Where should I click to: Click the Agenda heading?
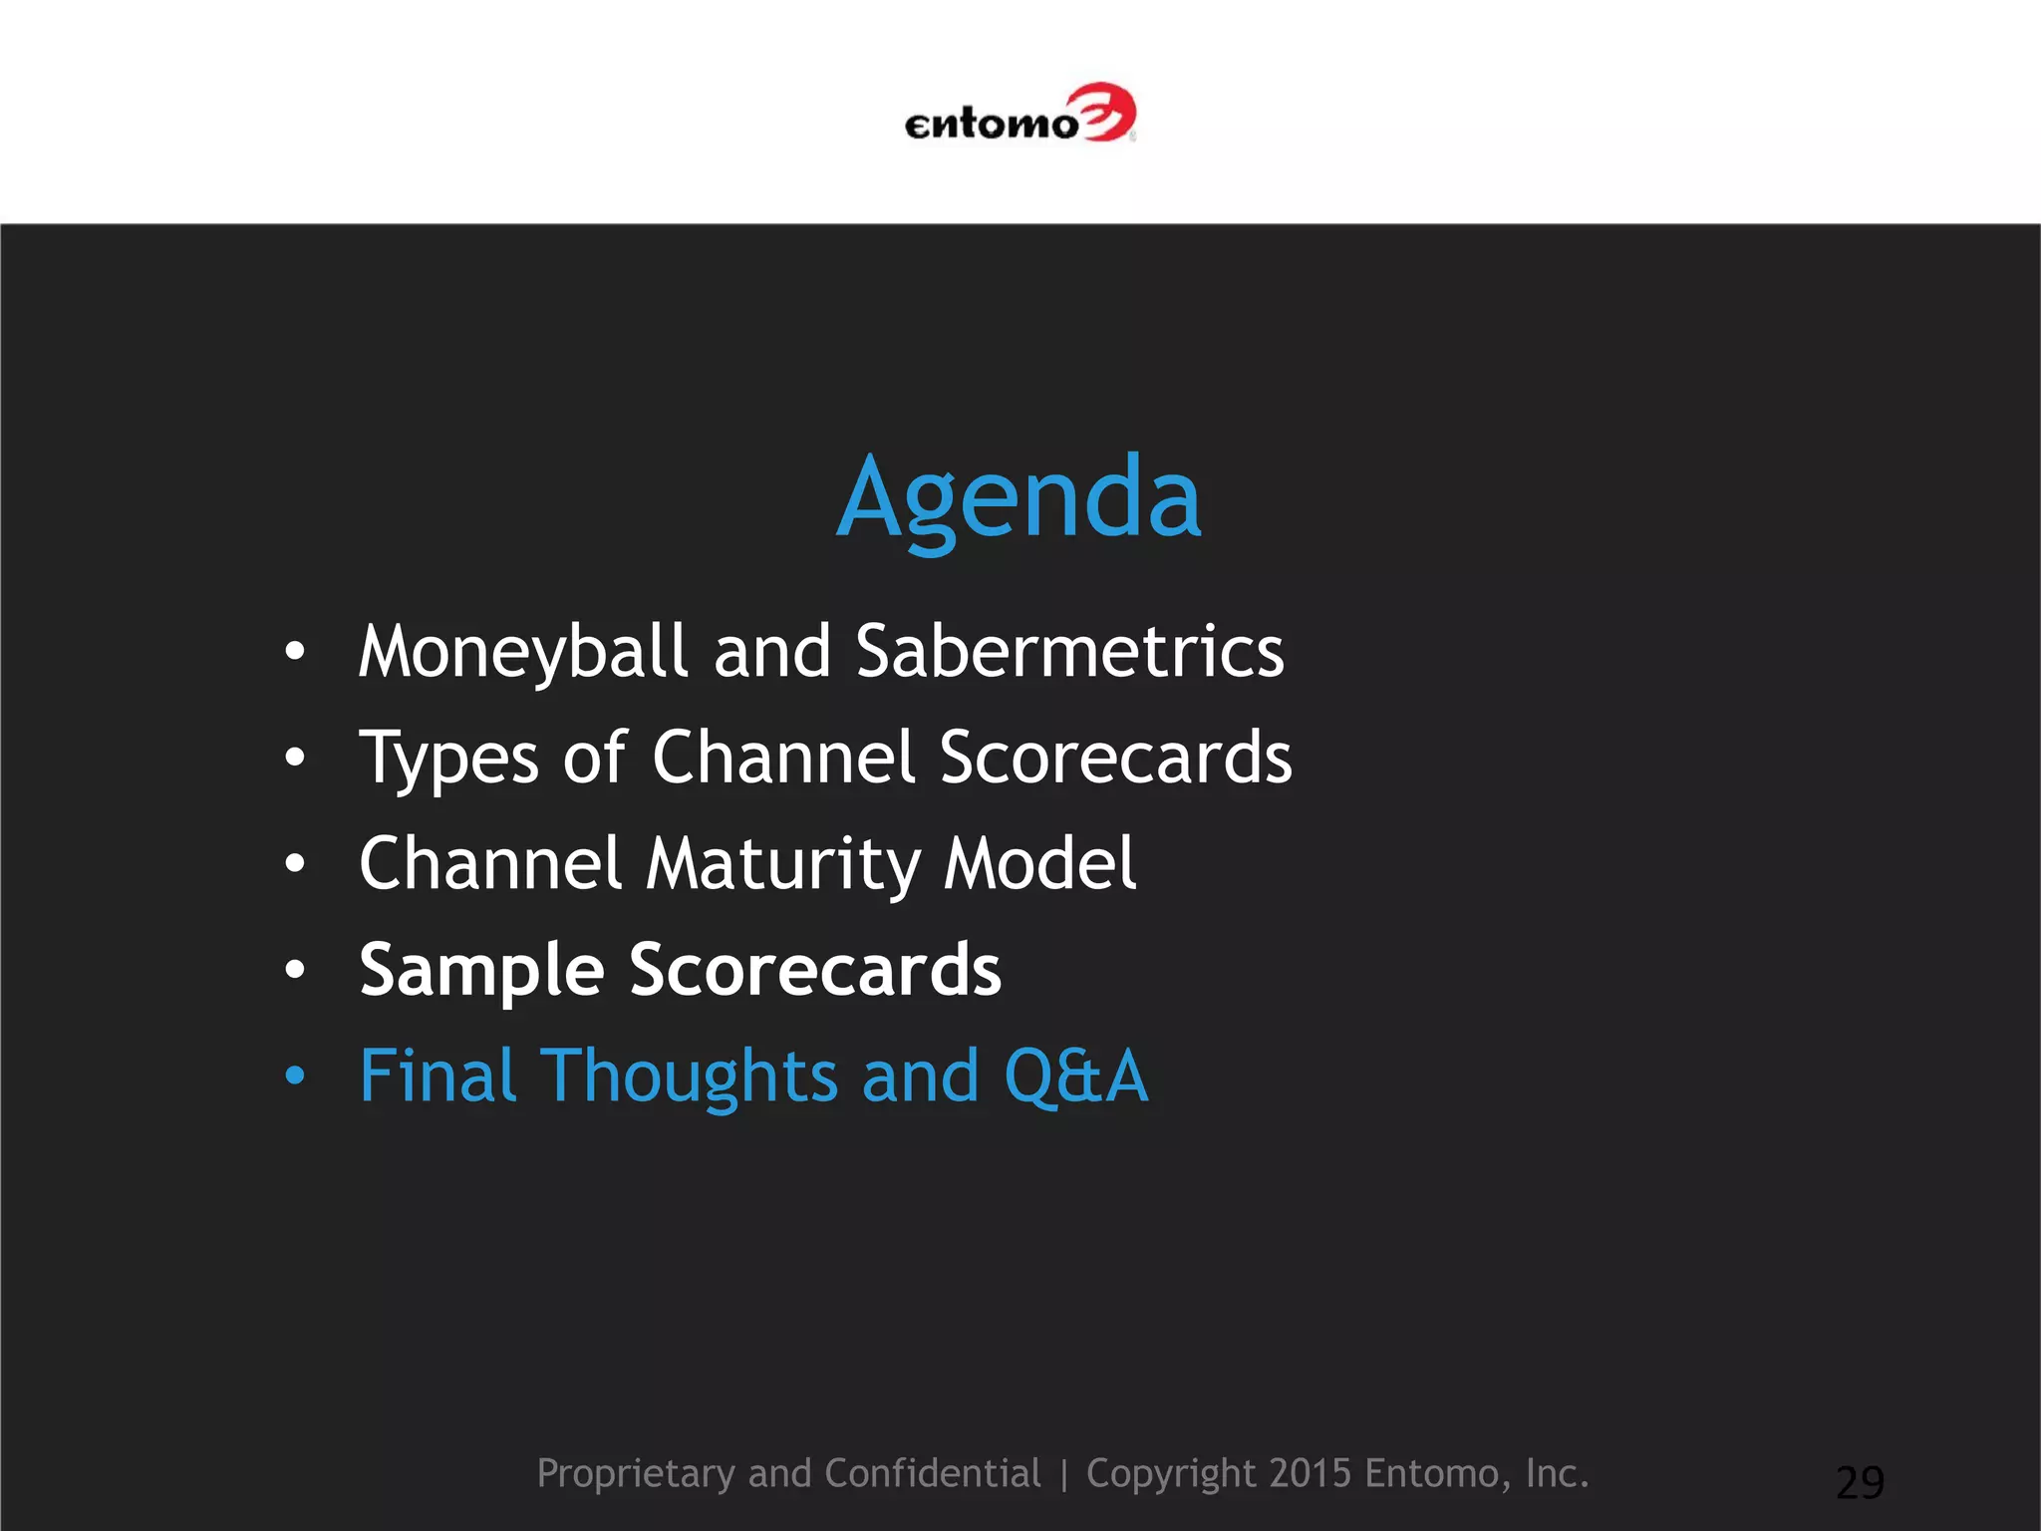click(1019, 498)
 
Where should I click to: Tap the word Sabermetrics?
click(1069, 652)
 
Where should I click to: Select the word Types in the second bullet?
click(448, 760)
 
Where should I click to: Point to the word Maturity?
click(782, 863)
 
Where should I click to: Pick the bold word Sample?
click(481, 971)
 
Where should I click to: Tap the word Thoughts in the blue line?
click(689, 1076)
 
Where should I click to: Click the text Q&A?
click(1076, 1076)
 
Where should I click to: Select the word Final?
click(437, 1076)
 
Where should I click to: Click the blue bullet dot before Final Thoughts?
click(294, 1076)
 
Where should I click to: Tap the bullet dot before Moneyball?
click(294, 652)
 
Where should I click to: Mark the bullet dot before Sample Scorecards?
click(294, 969)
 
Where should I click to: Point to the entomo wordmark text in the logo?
click(991, 125)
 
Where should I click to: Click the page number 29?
click(1860, 1482)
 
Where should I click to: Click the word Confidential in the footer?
click(932, 1473)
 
